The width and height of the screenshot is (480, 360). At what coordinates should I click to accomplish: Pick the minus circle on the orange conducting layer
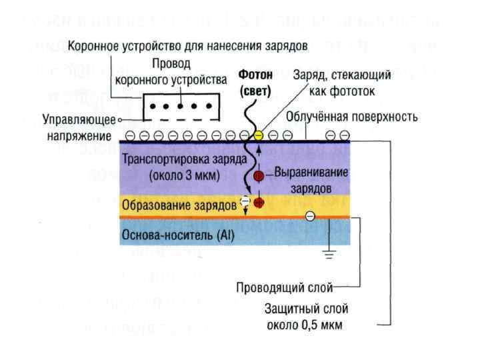click(x=309, y=216)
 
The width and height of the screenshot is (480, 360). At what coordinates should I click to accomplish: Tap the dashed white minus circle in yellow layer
click(x=245, y=200)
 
